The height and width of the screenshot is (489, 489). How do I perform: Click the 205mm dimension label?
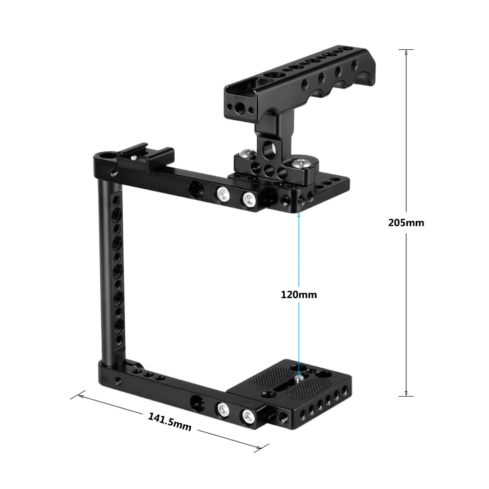[x=406, y=222]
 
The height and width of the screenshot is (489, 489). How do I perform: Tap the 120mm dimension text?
[x=299, y=294]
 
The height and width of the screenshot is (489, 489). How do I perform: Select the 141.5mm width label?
[x=169, y=422]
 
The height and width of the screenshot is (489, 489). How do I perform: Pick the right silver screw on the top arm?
[x=248, y=199]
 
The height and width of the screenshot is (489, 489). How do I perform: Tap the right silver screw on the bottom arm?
[x=248, y=416]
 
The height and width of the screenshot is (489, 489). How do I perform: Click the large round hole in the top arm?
[x=196, y=187]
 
